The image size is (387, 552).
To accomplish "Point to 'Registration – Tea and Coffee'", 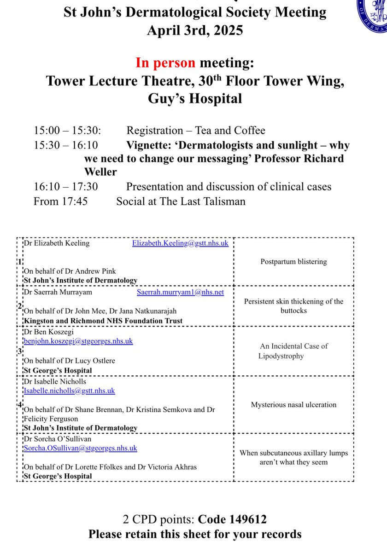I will (196, 130).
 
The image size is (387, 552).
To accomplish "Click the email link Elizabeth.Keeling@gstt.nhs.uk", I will (180, 243).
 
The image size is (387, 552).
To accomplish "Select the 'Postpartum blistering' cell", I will (293, 262).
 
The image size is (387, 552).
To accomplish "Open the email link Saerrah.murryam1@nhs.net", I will (180, 292).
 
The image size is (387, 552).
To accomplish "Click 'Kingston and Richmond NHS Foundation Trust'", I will (103, 321).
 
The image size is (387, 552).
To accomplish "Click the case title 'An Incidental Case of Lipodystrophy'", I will (293, 351).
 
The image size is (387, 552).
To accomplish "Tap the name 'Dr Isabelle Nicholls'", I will (55, 381).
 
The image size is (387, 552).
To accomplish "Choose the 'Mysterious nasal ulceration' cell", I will (293, 405).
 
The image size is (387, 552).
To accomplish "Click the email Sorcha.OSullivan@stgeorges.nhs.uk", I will (81, 448).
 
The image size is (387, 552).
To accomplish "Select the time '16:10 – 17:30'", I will (65, 187).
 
